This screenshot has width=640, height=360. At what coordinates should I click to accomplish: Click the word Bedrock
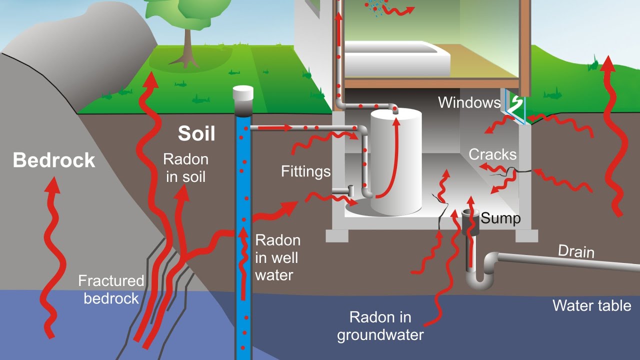(54, 160)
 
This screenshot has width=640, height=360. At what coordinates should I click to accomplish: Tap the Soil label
(196, 134)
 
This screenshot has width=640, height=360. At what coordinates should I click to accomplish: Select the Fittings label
(306, 172)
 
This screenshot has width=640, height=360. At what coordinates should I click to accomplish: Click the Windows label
(469, 103)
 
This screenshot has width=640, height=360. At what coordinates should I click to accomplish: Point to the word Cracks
(492, 154)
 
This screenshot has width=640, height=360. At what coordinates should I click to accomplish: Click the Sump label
(500, 218)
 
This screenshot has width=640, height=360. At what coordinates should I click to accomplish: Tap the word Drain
(576, 251)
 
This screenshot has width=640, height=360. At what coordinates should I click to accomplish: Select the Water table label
(591, 305)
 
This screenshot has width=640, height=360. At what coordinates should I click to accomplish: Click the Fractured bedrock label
(111, 289)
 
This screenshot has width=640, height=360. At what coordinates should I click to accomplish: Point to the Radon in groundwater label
(380, 325)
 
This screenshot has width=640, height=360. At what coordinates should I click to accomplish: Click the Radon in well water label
(277, 257)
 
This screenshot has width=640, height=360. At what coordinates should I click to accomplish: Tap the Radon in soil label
(185, 168)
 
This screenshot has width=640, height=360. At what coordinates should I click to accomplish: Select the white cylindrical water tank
(395, 165)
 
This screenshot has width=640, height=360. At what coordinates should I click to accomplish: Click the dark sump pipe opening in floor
(470, 214)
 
